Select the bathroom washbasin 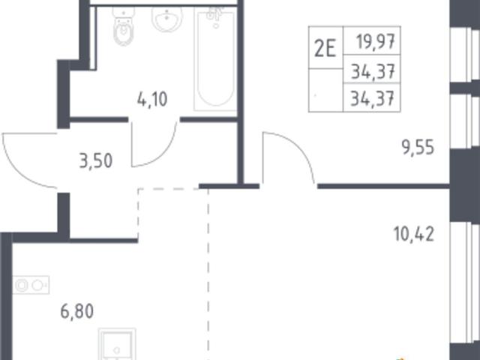166,18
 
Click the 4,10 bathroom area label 152,100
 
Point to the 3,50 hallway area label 96,160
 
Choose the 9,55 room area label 418,148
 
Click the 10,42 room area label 414,235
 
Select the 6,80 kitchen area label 76,312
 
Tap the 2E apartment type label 325,49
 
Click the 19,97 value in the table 376,41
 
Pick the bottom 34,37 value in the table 372,98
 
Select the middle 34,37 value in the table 373,72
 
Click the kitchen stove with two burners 31,285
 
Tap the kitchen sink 117,344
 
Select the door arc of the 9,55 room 295,147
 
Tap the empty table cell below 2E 325,90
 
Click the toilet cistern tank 123,13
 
